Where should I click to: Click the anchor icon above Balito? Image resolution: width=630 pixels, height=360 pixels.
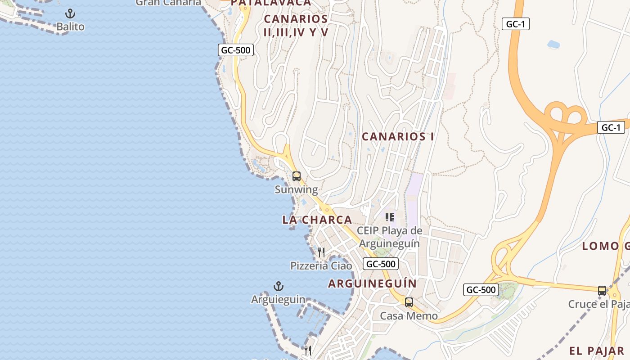(x=70, y=13)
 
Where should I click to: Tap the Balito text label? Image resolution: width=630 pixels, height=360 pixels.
(x=70, y=27)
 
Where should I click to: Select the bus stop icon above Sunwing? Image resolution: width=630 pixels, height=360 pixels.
(x=296, y=176)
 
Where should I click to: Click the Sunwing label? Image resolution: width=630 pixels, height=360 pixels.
(x=296, y=189)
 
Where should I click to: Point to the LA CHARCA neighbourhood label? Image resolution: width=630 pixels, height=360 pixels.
(x=317, y=220)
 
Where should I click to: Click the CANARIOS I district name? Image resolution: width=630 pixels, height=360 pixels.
(x=398, y=136)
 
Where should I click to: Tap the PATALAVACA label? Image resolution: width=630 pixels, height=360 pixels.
(x=271, y=3)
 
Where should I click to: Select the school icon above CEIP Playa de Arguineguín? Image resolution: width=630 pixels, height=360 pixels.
(x=390, y=218)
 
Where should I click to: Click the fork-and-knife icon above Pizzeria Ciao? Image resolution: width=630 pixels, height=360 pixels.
(x=321, y=252)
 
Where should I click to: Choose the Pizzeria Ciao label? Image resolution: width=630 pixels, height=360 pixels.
(x=321, y=265)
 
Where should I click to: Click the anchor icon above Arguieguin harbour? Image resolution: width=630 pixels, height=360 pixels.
(x=279, y=286)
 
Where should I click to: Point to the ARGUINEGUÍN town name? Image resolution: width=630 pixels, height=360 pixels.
(x=372, y=283)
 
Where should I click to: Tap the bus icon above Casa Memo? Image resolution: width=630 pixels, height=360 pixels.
(x=409, y=302)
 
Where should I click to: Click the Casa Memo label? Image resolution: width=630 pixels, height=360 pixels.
(x=409, y=315)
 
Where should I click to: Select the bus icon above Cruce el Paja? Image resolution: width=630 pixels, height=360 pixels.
(x=602, y=291)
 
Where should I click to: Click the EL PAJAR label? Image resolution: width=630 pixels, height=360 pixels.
(x=596, y=351)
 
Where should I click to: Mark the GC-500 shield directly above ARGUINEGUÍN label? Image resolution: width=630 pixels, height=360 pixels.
(x=381, y=264)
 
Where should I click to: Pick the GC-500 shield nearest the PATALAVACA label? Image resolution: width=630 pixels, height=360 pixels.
(x=236, y=50)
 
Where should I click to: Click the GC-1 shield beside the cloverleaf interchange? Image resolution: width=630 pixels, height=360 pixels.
(x=611, y=127)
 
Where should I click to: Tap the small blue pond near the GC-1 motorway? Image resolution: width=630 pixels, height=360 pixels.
(x=553, y=44)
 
